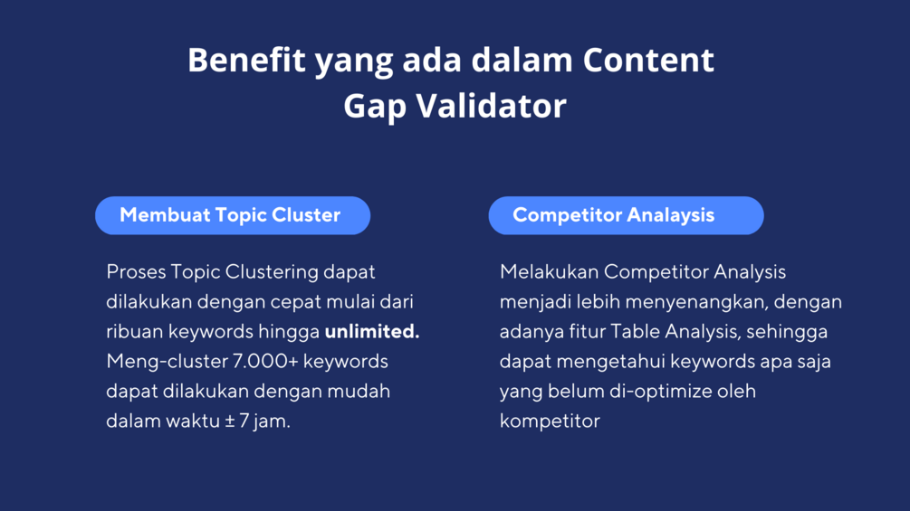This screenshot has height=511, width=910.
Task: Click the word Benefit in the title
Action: click(x=246, y=60)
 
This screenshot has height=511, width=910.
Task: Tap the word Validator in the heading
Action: click(x=491, y=106)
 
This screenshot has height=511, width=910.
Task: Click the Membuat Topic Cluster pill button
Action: click(x=233, y=215)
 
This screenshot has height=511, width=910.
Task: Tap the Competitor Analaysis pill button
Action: click(x=627, y=215)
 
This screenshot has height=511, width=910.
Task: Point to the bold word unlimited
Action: click(x=372, y=331)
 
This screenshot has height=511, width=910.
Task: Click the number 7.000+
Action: click(x=265, y=361)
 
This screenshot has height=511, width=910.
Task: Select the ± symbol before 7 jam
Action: click(x=230, y=421)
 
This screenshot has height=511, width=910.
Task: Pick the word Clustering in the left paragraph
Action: click(x=272, y=272)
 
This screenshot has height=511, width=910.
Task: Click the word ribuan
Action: click(x=135, y=331)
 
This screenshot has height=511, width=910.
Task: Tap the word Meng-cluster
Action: click(x=167, y=362)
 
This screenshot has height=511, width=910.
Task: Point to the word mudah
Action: click(x=359, y=391)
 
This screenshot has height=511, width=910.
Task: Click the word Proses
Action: click(x=136, y=272)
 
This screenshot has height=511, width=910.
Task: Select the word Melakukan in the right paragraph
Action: click(x=549, y=271)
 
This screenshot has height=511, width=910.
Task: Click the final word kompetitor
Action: click(x=551, y=421)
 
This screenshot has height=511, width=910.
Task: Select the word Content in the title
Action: click(x=648, y=60)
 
